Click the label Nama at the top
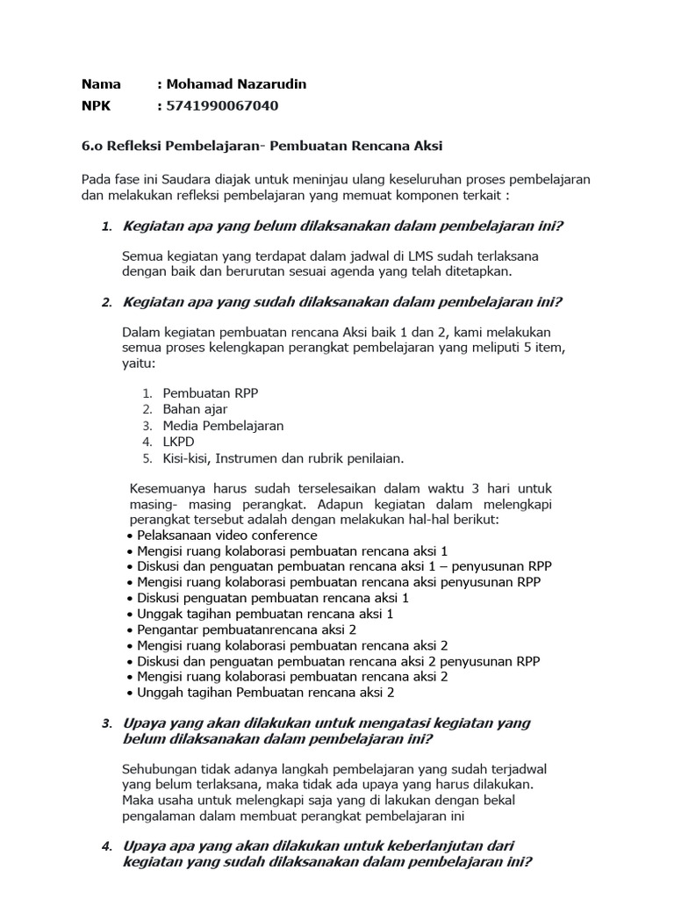click(x=101, y=84)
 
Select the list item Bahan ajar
click(x=195, y=409)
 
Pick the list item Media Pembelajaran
click(x=223, y=425)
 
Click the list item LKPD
click(x=179, y=442)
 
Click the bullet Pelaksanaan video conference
click(x=227, y=535)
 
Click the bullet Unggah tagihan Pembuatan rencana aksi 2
click(x=266, y=692)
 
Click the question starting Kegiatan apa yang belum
click(x=343, y=227)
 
